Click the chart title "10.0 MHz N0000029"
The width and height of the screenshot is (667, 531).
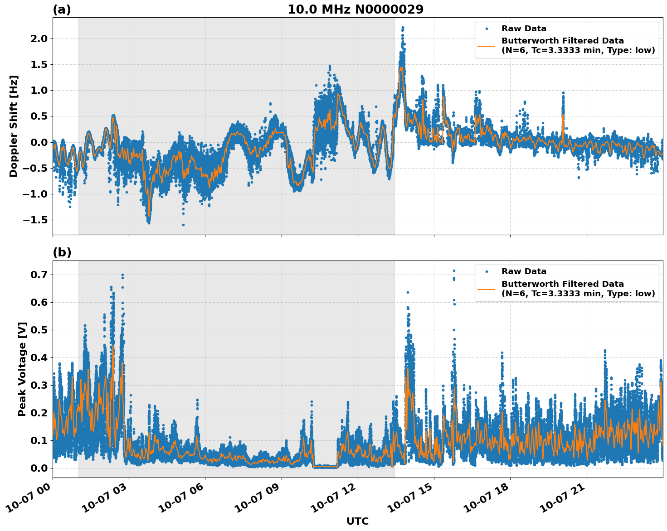[x=355, y=10]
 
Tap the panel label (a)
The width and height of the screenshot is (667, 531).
[x=62, y=10]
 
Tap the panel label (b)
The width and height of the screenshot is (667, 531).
[x=62, y=252]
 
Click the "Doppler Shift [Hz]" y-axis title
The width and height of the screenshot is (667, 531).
[x=14, y=126]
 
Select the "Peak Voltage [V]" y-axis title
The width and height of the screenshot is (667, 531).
[x=22, y=369]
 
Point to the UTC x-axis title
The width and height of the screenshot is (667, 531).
[x=357, y=521]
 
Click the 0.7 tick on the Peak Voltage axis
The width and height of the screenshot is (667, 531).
[x=39, y=275]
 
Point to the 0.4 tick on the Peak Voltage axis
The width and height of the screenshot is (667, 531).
[x=39, y=357]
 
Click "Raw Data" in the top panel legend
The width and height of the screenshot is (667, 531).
[x=524, y=29]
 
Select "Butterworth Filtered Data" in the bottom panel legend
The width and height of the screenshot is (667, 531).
[x=562, y=284]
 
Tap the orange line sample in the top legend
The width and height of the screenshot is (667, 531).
[x=487, y=46]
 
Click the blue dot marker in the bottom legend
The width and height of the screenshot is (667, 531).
[x=487, y=271]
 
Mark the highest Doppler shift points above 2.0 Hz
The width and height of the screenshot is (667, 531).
[x=402, y=29]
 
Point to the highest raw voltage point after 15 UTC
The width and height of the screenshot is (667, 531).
[x=453, y=271]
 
